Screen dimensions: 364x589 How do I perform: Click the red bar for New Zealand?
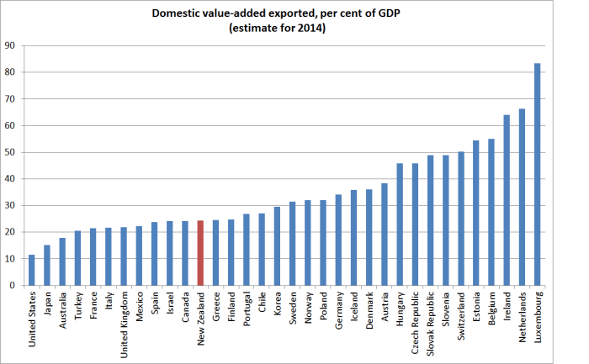click(200, 253)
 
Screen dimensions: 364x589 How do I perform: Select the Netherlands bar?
click(522, 197)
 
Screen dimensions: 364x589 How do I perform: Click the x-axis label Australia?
click(63, 310)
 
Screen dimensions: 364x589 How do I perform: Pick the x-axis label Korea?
click(278, 303)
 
